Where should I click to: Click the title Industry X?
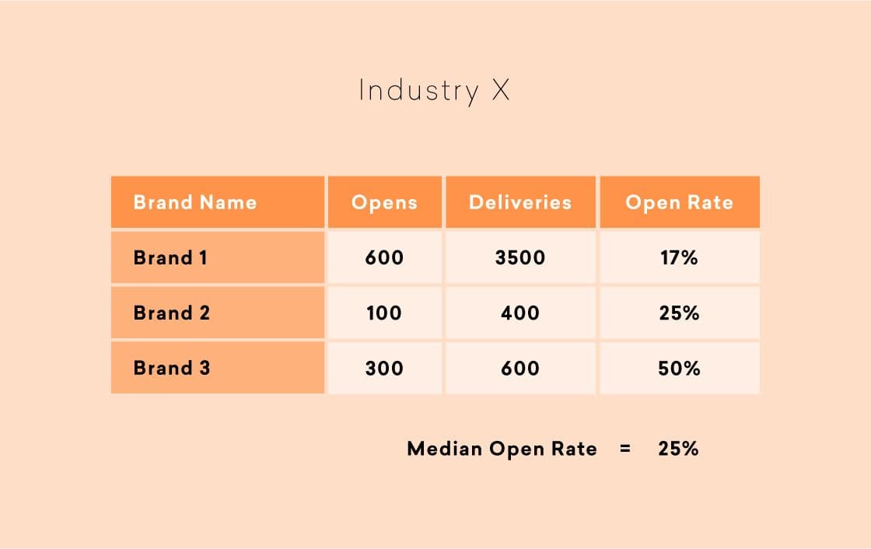(x=434, y=91)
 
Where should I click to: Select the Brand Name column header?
(x=194, y=203)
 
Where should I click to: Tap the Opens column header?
(x=384, y=203)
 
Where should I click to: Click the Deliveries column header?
(x=520, y=203)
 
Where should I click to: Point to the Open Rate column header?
(x=679, y=203)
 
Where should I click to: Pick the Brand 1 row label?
(x=170, y=257)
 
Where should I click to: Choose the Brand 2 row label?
(x=172, y=313)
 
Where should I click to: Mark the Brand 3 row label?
(x=172, y=368)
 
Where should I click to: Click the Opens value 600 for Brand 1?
(x=384, y=257)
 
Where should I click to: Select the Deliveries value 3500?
(x=520, y=257)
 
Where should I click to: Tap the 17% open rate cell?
(x=679, y=257)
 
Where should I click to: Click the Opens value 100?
(x=384, y=313)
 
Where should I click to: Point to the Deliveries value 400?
(x=520, y=313)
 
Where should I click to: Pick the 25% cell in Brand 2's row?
(x=679, y=313)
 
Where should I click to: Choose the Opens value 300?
(x=384, y=368)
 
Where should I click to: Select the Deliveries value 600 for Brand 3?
(x=520, y=368)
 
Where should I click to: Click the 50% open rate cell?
(x=679, y=368)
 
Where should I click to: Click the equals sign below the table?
(x=625, y=449)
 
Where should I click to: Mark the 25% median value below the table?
(x=678, y=449)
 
